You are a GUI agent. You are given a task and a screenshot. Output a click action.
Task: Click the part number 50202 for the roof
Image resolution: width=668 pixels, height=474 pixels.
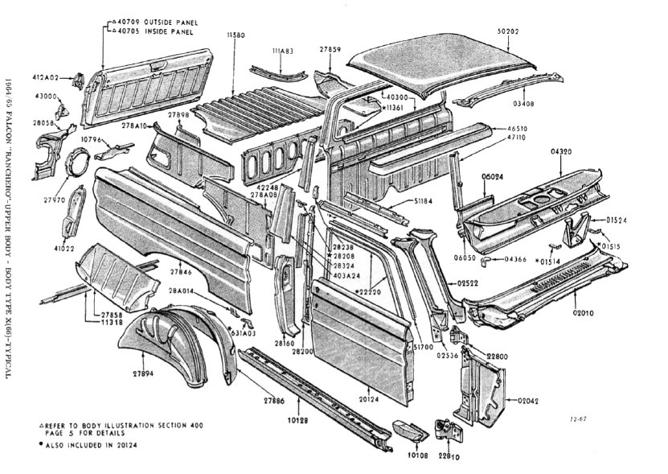pyautogui.click(x=507, y=31)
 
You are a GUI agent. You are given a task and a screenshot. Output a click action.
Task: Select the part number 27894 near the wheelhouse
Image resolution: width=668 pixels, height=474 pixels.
pyautogui.click(x=144, y=373)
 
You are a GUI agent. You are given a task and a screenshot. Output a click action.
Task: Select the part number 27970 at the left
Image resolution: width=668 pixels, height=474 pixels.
pyautogui.click(x=55, y=199)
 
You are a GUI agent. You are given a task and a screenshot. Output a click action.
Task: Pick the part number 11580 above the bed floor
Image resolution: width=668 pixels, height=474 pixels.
pyautogui.click(x=236, y=35)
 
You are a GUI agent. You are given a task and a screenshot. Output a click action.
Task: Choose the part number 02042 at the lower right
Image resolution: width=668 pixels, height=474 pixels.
pyautogui.click(x=527, y=400)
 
